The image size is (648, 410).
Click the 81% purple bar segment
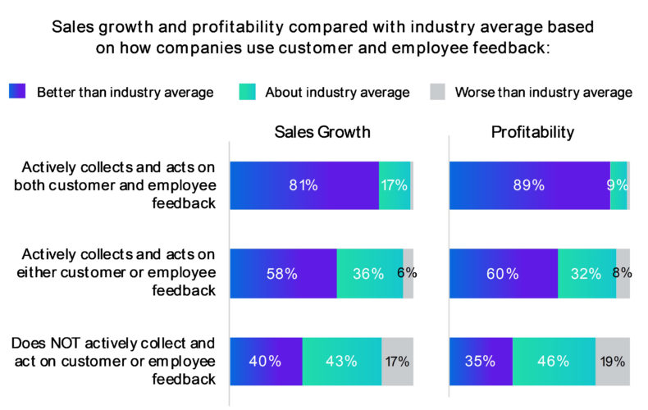coord(303,185)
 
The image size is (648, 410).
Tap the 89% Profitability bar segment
coord(529,185)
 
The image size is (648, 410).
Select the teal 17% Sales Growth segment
coord(395,185)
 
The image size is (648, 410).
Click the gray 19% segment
coord(613,361)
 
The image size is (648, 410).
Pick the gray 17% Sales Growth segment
coord(397,361)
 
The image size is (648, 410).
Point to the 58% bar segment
coord(283,273)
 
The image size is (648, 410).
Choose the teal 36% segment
coord(369,273)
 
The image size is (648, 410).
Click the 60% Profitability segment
coord(503,273)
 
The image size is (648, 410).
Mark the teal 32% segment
coord(586,273)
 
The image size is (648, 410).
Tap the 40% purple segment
coord(266,361)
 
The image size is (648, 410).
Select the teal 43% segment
coord(341,361)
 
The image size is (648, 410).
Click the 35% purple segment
coord(481,361)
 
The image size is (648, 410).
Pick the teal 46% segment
coord(554,361)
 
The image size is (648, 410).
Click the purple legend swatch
coord(18,92)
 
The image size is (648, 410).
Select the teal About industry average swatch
coord(246,92)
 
